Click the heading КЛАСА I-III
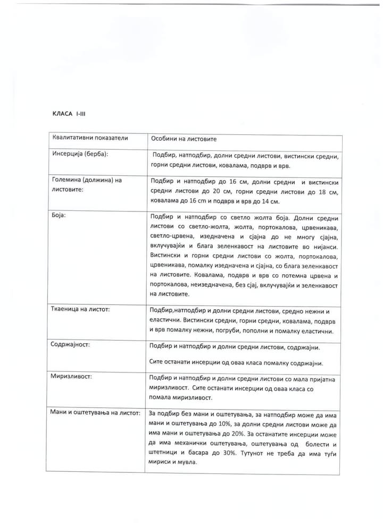(66, 114)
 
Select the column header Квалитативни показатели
(90, 138)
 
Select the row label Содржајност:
(71, 344)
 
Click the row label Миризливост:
(72, 376)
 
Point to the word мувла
(186, 462)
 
